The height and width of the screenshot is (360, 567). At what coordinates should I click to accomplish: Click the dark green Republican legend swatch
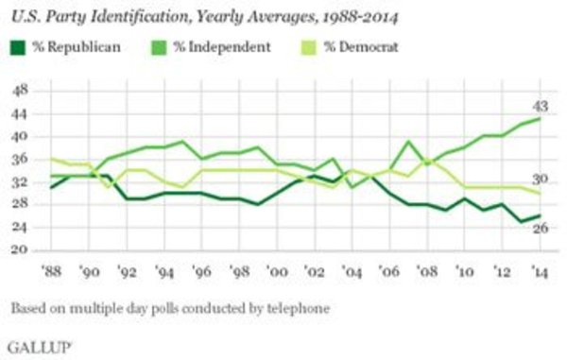coord(17,47)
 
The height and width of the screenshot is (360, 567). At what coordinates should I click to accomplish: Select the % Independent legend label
coord(221,47)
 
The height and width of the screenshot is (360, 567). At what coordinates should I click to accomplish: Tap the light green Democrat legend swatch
coord(308,47)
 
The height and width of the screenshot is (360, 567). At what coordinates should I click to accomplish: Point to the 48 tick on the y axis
coord(20,90)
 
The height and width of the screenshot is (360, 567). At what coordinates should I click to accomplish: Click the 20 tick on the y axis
coord(20,249)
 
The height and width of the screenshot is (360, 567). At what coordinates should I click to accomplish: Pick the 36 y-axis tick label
coord(20,160)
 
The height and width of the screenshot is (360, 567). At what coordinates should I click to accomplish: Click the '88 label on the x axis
coord(51,271)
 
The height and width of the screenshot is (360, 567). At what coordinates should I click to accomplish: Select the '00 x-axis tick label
coord(277,271)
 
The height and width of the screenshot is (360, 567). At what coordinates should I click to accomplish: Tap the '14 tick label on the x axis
coord(540,271)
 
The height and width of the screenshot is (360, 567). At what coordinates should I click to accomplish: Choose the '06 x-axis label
coord(389,271)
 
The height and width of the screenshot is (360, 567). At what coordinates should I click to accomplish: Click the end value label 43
coord(541,106)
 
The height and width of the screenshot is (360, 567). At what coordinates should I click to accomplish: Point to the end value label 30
coord(541,180)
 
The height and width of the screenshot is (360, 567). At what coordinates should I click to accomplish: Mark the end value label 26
coord(541,228)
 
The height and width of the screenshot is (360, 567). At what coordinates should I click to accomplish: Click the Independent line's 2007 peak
coord(408,142)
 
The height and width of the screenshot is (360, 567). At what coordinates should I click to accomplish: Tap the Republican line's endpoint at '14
coord(540,215)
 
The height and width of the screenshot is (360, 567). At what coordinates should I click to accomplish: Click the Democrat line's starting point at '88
coord(51,159)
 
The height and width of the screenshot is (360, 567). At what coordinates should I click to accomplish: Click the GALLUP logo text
coord(39,348)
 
